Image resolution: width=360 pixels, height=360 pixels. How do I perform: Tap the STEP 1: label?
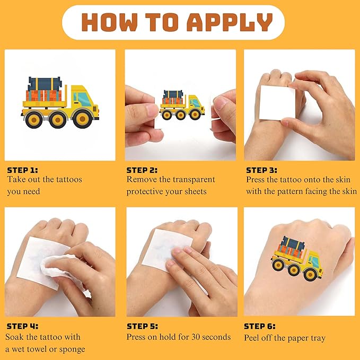[22, 170]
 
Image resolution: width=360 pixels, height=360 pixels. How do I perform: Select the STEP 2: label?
[142, 170]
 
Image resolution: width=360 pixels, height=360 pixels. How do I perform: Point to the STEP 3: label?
[262, 170]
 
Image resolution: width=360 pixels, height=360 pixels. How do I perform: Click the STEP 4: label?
[22, 326]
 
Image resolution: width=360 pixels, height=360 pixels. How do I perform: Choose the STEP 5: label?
[142, 326]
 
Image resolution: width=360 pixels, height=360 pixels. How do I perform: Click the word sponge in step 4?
[73, 349]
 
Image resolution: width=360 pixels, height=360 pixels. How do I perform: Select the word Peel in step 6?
[253, 337]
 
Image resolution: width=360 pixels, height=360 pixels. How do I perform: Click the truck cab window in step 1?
[82, 98]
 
